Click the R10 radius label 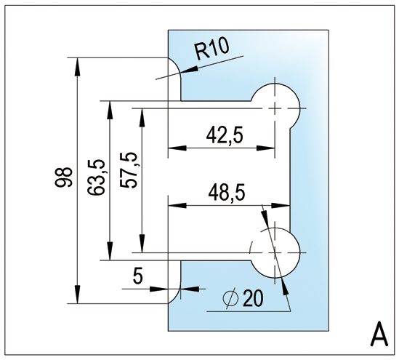coord(212,51)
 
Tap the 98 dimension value coord(63,177)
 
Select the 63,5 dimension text coord(96,177)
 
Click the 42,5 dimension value coord(225,136)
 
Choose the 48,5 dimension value coord(227,193)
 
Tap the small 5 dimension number coord(137,276)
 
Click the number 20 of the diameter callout coord(253,298)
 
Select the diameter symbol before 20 coord(230,298)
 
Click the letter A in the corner coord(379,334)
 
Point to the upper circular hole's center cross coord(275,108)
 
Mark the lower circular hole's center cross coord(275,253)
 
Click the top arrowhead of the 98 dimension coord(77,66)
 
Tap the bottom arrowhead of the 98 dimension coord(77,295)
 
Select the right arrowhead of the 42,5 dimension coord(266,148)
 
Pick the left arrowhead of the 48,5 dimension coord(177,205)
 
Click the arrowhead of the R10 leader coord(189,71)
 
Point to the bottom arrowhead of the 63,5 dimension coord(110,252)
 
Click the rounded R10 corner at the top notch coord(177,65)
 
